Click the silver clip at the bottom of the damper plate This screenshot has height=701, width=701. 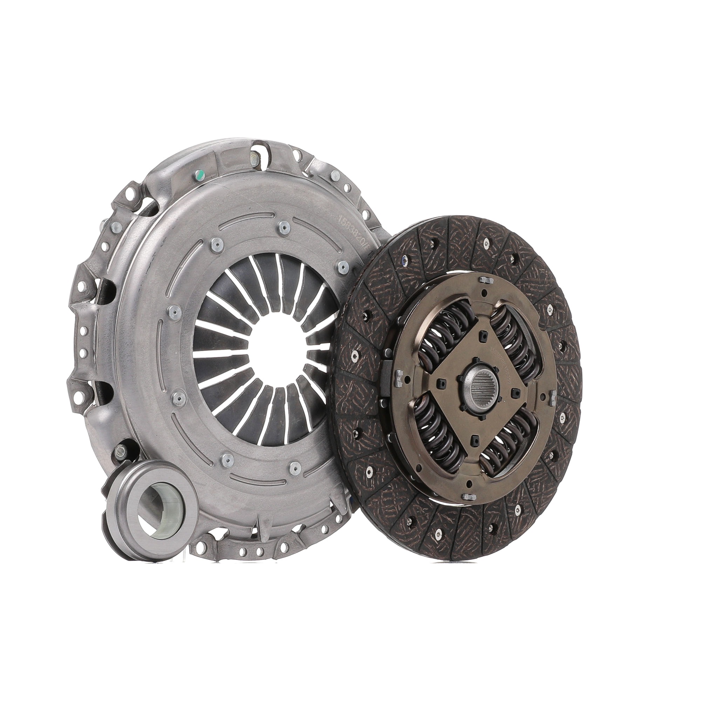click(467, 496)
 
